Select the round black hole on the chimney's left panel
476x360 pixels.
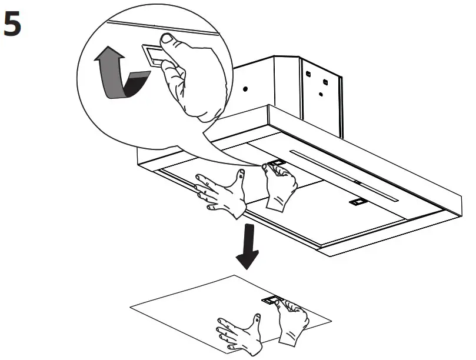click(245, 89)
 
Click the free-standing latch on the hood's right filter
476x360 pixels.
click(357, 202)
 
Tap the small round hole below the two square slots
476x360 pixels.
click(320, 93)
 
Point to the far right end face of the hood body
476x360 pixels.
click(460, 202)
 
